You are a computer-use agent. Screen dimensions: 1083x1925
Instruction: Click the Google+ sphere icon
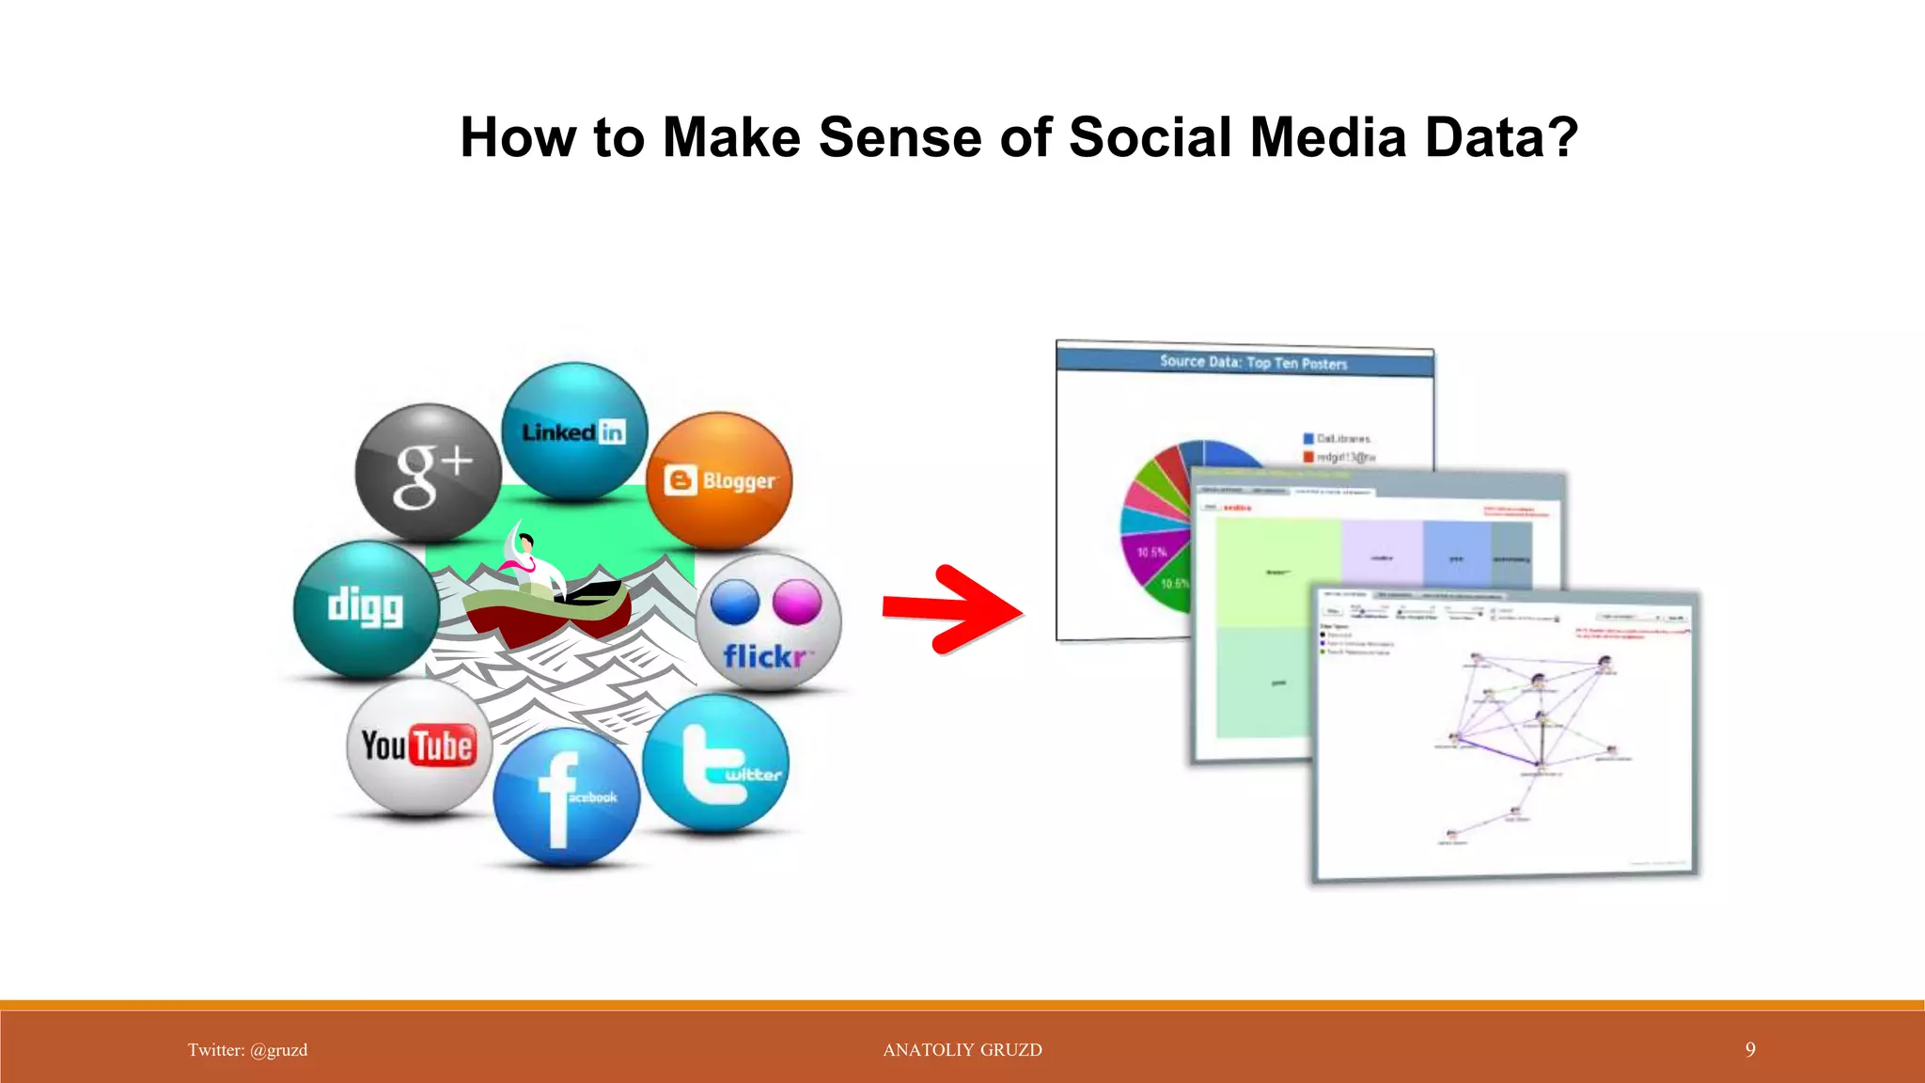pyautogui.click(x=428, y=472)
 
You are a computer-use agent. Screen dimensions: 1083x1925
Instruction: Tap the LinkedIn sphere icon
pyautogui.click(x=574, y=432)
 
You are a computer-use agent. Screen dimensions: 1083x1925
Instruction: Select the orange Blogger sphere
pyautogui.click(x=720, y=480)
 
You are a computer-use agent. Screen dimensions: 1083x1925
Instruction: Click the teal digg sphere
pyautogui.click(x=367, y=609)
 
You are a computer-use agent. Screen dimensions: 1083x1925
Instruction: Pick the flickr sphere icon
pyautogui.click(x=768, y=623)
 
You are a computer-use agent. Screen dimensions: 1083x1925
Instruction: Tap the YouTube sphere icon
pyautogui.click(x=419, y=746)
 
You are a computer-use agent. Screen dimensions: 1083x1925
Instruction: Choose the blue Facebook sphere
pyautogui.click(x=566, y=796)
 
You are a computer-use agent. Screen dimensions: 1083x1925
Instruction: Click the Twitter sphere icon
pyautogui.click(x=716, y=762)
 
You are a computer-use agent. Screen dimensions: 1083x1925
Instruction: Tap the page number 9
pyautogui.click(x=1750, y=1049)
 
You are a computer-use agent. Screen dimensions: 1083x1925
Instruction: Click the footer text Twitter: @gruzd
pyautogui.click(x=247, y=1050)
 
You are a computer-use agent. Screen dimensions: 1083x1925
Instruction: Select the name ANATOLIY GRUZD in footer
pyautogui.click(x=962, y=1050)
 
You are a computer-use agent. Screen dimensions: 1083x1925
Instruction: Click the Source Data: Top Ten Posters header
pyautogui.click(x=1253, y=362)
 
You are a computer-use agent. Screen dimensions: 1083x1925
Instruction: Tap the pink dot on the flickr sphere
pyautogui.click(x=797, y=602)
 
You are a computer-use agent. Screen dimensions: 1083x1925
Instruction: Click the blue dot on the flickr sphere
pyautogui.click(x=735, y=603)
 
